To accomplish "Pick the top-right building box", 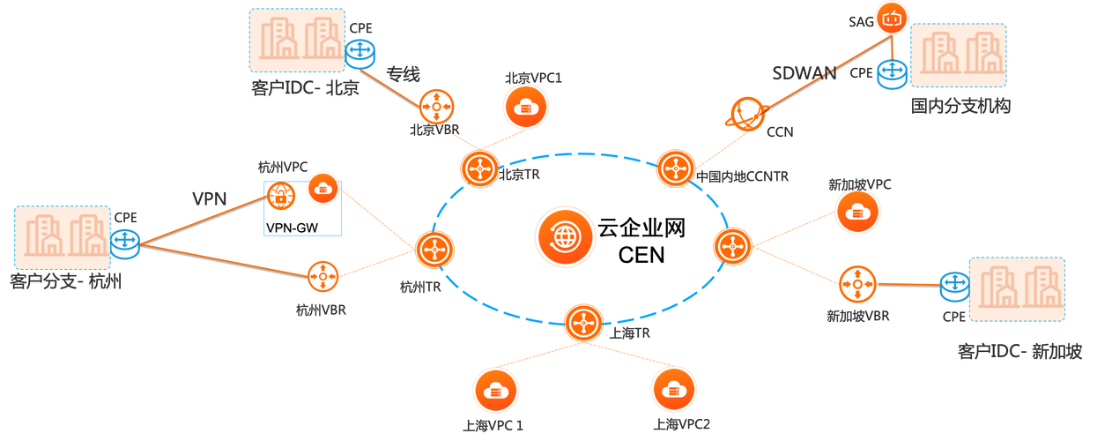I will coord(958,56).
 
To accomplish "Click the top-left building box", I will coord(297,40).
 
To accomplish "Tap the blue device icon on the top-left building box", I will coord(358,55).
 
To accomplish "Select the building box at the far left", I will coord(62,236).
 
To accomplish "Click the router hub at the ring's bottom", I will coord(583,324).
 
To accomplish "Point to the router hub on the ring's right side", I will coord(732,246).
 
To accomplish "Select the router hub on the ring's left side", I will coord(434,250).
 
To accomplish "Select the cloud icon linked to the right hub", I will coord(856,213).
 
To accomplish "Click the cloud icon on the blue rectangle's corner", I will coord(322,188).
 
